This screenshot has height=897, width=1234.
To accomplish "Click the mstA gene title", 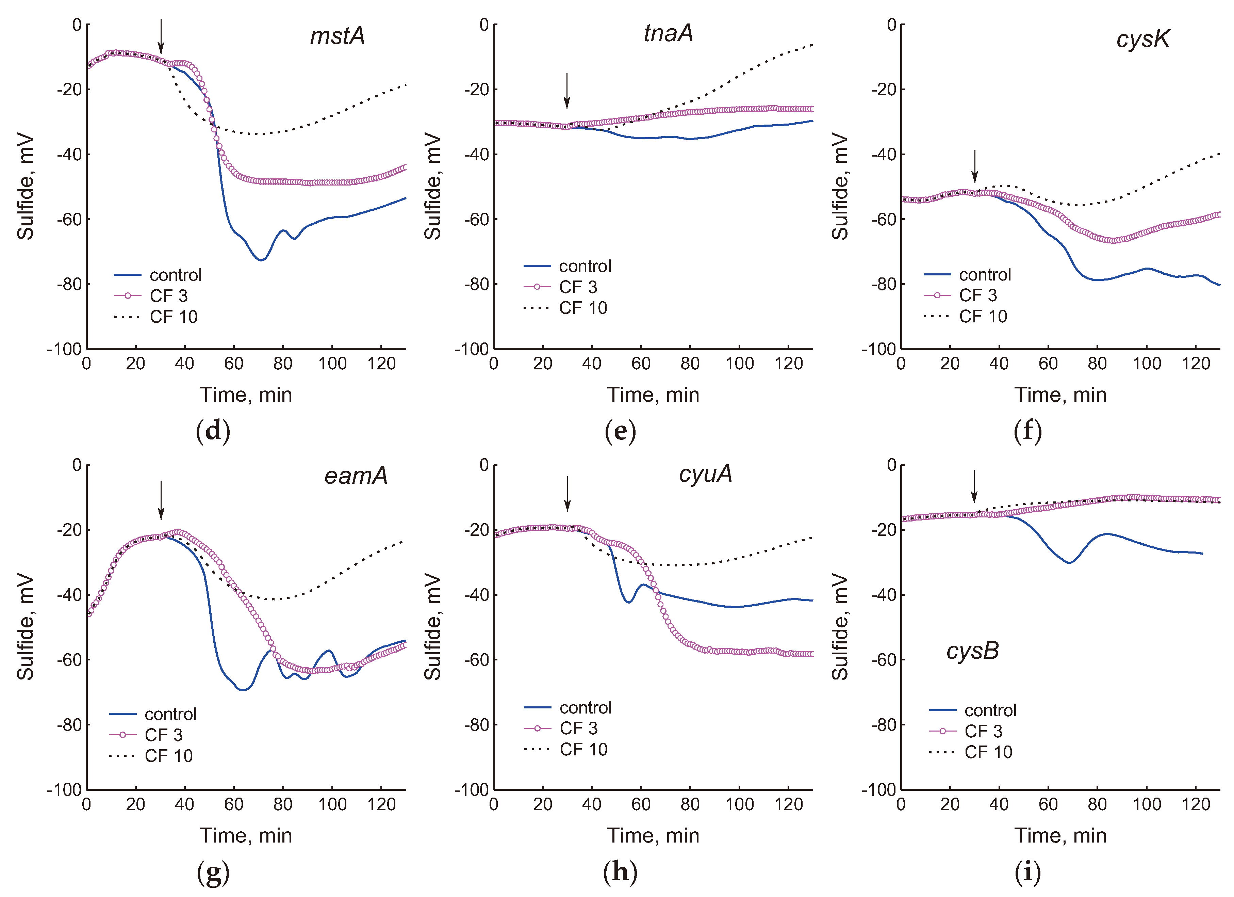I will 338,36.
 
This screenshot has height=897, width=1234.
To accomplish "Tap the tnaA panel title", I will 668,33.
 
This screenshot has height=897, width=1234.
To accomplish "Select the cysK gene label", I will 1142,39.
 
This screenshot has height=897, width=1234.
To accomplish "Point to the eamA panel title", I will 356,476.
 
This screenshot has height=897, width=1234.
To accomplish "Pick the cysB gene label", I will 972,651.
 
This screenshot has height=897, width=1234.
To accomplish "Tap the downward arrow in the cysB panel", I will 974,486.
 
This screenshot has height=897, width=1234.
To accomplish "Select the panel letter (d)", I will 213,431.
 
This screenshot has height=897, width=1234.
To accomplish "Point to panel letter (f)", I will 1027,431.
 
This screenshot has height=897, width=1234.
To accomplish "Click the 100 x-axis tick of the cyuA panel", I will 739,804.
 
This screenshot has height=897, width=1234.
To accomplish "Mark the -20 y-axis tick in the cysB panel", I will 884,530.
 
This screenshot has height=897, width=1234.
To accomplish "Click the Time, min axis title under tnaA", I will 653,395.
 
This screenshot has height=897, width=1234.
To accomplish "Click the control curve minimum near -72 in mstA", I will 262,260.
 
